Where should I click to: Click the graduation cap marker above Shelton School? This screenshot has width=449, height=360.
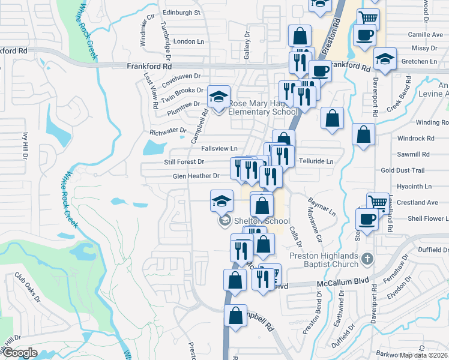[x=221, y=202]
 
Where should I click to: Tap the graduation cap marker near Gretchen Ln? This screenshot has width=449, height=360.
[x=384, y=59]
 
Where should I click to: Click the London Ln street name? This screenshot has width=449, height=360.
[x=188, y=41]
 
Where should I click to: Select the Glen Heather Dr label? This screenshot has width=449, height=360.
[x=196, y=176]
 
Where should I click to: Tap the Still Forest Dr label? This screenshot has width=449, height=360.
[x=184, y=161]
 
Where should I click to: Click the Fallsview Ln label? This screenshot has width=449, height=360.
[x=219, y=148]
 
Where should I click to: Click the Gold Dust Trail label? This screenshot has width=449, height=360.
[x=402, y=170]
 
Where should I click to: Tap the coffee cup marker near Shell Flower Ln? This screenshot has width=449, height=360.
[x=367, y=220]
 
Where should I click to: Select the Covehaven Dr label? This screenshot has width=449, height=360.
[x=181, y=76]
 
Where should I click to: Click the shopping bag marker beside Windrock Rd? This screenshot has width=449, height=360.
[x=363, y=135]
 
